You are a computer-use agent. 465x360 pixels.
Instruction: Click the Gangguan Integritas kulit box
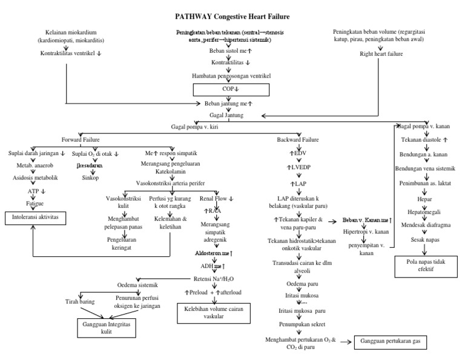[106, 328]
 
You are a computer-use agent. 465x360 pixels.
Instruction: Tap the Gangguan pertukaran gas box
[391, 342]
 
